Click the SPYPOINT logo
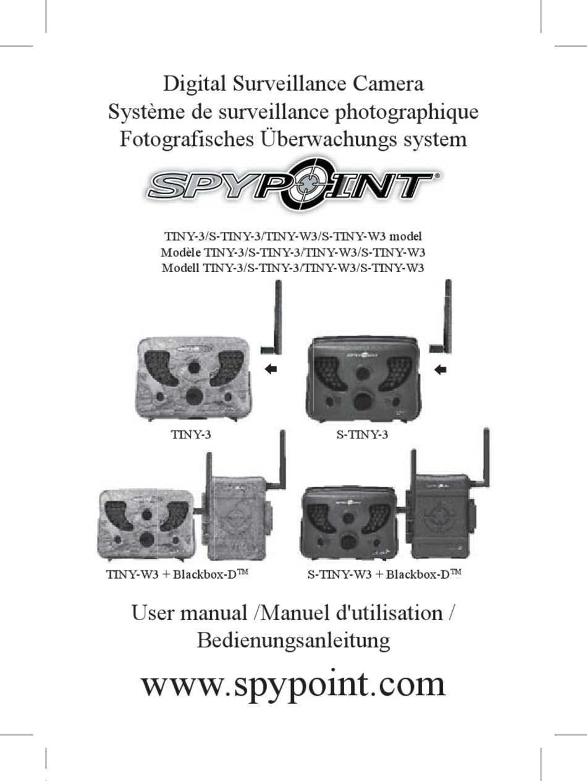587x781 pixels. (x=293, y=183)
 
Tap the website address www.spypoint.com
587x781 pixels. (x=293, y=685)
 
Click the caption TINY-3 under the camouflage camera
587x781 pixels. (x=191, y=435)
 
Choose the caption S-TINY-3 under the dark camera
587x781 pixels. (x=362, y=435)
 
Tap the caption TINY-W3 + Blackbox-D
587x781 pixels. (x=177, y=574)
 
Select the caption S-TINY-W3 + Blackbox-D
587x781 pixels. (x=384, y=574)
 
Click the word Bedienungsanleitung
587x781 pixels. (x=293, y=640)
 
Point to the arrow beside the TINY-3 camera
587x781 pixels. (x=270, y=369)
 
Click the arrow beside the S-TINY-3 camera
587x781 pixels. (x=441, y=370)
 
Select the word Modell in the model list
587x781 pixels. (x=180, y=268)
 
